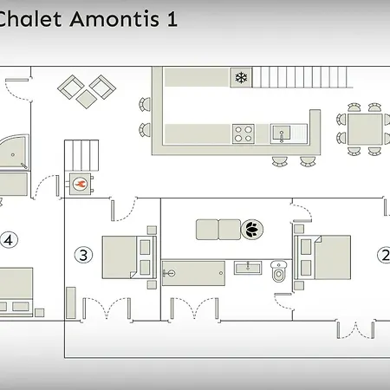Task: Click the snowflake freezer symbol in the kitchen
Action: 241,77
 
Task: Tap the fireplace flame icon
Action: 80,184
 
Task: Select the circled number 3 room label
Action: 83,255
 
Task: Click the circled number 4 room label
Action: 9,240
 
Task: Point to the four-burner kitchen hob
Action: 244,133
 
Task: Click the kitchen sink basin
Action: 281,133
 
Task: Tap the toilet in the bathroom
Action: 279,271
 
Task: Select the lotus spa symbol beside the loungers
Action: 252,230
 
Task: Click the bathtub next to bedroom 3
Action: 193,273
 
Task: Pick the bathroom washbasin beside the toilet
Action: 248,268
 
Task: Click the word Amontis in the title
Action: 114,19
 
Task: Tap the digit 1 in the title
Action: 172,19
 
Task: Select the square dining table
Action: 365,129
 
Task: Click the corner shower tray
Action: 14,151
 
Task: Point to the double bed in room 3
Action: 129,257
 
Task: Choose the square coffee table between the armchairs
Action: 87,99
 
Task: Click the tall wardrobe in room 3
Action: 71,302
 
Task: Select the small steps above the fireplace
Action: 81,155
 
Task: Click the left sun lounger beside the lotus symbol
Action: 207,230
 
